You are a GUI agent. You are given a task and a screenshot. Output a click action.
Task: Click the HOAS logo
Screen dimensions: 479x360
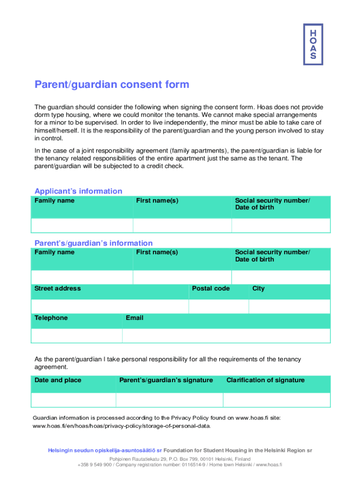[313, 44]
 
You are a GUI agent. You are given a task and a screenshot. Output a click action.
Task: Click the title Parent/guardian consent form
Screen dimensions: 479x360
[112, 85]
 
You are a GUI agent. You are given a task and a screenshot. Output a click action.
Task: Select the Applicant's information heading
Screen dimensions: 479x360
[79, 191]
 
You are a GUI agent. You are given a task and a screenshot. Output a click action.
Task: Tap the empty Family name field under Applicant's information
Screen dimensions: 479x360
[82, 225]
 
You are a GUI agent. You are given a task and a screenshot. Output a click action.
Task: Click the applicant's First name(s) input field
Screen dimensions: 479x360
[182, 225]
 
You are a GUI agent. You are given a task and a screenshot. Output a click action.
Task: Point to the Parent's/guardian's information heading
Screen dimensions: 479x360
[94, 243]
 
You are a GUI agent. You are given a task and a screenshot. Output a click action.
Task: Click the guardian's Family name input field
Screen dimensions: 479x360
[82, 277]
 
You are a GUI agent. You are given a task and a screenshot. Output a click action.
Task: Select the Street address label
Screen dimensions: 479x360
[58, 289]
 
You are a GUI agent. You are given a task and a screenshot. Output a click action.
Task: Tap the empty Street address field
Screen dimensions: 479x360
[109, 306]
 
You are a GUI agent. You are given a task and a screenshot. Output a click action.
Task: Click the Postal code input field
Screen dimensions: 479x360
[218, 306]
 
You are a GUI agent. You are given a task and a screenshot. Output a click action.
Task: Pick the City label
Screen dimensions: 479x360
[259, 289]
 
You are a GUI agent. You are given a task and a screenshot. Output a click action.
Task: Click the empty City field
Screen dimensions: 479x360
[289, 306]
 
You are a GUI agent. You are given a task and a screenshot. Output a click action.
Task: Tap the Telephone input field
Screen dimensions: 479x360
[77, 335]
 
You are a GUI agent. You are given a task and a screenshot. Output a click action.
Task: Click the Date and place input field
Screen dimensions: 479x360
[73, 400]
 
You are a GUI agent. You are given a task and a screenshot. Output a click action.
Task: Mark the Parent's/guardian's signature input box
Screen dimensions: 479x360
[169, 400]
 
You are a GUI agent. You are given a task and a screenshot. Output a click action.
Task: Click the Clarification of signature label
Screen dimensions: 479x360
[266, 380]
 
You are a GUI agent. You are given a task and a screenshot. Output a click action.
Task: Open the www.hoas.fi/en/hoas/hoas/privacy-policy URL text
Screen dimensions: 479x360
[122, 426]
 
